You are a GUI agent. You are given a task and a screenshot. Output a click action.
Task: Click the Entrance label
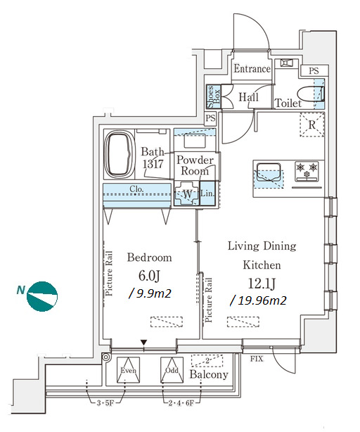252,69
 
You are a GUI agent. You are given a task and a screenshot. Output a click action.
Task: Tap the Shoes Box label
214,97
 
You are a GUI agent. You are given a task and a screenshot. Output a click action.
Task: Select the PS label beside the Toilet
314,71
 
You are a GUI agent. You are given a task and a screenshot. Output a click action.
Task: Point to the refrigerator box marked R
311,125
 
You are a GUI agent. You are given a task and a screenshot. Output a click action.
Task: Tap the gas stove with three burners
307,172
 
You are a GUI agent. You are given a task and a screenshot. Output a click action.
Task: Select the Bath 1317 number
153,164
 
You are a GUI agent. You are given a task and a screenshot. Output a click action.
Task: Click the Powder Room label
195,165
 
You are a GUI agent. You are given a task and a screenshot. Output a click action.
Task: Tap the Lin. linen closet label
207,193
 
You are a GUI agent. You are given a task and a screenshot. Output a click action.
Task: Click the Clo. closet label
136,189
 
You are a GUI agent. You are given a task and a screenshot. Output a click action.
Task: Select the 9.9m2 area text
150,293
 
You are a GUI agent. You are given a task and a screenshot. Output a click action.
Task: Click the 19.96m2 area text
259,300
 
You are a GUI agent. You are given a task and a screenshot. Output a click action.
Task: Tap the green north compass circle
42,296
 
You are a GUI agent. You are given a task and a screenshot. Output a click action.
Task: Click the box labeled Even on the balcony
128,370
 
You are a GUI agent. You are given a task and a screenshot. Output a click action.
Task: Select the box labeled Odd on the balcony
172,370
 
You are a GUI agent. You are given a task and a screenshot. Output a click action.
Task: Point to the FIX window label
257,359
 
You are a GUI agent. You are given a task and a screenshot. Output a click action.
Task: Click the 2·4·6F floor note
181,403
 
